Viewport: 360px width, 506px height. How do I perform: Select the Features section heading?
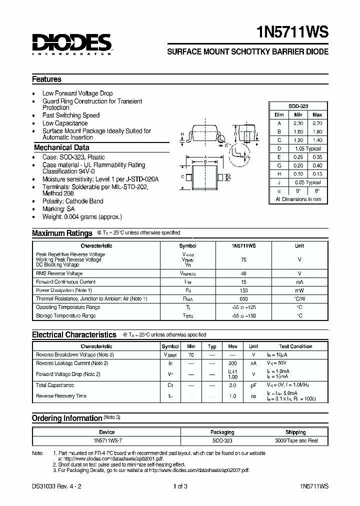(46, 79)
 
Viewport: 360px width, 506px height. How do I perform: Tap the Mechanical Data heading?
(61, 147)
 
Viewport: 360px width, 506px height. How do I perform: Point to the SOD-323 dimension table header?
(298, 106)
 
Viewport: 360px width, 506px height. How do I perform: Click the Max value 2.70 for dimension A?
(316, 123)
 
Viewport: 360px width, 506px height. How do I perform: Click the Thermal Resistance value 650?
(244, 298)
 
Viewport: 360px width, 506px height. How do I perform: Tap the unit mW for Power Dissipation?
(299, 290)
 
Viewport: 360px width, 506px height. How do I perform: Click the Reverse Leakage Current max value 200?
(232, 363)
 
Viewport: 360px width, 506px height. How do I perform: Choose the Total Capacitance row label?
(55, 385)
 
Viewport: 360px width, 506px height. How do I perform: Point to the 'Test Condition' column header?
(295, 346)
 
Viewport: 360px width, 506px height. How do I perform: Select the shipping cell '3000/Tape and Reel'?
(295, 440)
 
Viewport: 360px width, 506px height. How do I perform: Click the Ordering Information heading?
(66, 418)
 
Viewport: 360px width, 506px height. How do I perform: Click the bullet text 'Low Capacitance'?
(65, 123)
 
